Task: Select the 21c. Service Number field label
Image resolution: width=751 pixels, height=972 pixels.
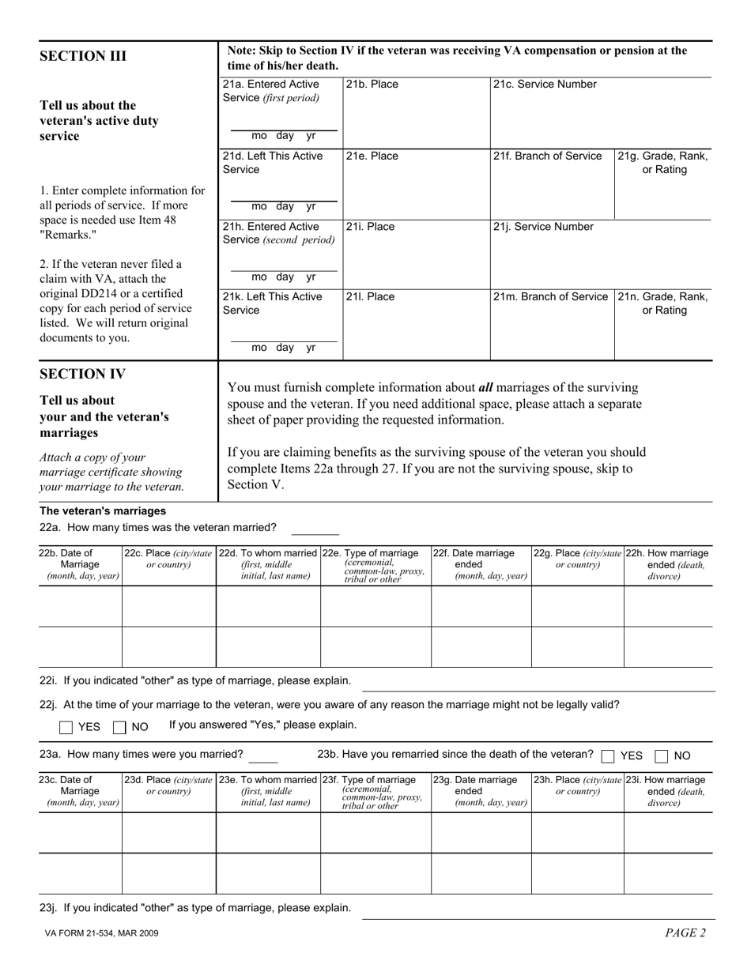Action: (x=545, y=85)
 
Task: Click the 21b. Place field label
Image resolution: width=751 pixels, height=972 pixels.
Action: (x=372, y=85)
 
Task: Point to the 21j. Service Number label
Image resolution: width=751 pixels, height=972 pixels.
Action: (x=542, y=227)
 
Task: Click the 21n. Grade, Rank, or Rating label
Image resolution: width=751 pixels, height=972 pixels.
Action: (x=663, y=303)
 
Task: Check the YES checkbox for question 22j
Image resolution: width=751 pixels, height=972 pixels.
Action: (x=66, y=727)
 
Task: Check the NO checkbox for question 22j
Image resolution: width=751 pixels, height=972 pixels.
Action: (x=120, y=727)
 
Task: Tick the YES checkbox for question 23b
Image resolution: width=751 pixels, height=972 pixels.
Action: (x=608, y=755)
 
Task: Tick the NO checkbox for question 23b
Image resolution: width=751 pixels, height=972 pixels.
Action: (x=662, y=755)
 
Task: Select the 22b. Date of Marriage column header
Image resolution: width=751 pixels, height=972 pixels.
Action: (x=80, y=564)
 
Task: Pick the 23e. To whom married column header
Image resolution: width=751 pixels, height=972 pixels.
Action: (x=268, y=790)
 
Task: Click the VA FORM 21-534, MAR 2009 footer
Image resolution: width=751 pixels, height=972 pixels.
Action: (x=101, y=933)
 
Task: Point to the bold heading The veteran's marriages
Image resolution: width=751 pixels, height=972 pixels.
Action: (x=103, y=510)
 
